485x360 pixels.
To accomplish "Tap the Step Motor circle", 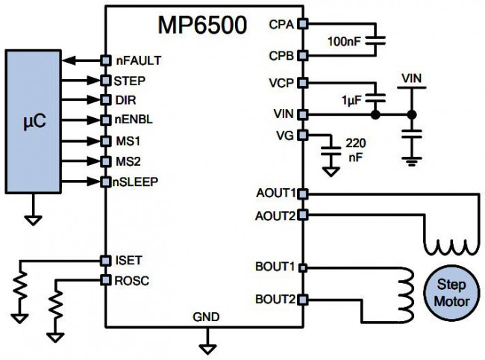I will pyautogui.click(x=451, y=292).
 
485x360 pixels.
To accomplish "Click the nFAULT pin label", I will pyautogui.click(x=139, y=59).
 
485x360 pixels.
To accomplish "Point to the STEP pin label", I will pyautogui.click(x=131, y=78).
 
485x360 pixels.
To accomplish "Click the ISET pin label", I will pyautogui.click(x=129, y=260).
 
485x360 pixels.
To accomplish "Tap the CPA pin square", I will pyautogui.click(x=302, y=25).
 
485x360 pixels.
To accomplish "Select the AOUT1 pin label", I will pyautogui.click(x=276, y=193).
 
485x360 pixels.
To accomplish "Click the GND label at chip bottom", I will pyautogui.click(x=207, y=317).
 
